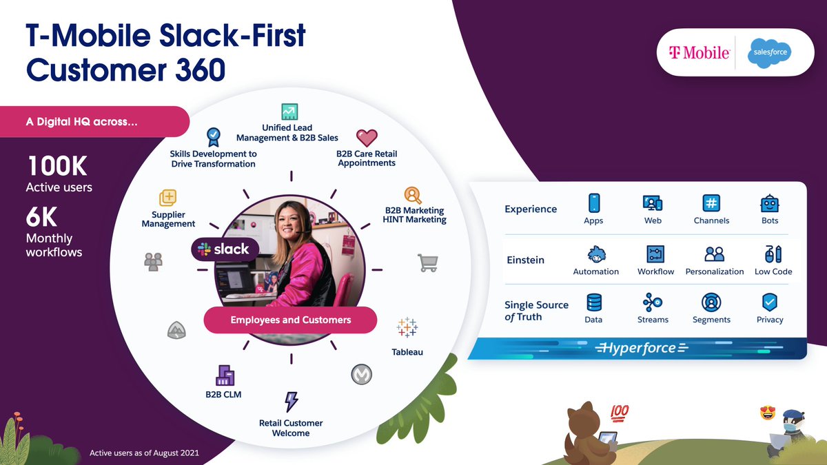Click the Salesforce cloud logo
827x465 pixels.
coord(770,52)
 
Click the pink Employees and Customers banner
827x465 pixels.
coord(290,320)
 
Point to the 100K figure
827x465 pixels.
coord(57,167)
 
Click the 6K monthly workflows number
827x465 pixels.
coord(42,218)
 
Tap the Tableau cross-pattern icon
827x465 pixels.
coord(407,328)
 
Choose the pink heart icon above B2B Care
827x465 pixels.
coord(367,137)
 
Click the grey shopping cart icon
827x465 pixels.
coord(427,262)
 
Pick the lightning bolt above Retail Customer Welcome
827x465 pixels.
coord(291,402)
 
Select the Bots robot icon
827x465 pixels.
coord(769,203)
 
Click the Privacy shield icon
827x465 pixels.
coord(769,302)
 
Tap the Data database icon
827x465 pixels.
coord(593,302)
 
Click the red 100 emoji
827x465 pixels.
coord(619,413)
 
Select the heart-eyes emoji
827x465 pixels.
coord(767,413)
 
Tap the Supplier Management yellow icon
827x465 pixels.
coord(168,198)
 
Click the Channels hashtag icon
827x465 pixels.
coord(711,203)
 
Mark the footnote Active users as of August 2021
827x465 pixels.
coord(145,453)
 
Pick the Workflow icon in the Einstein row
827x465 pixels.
coord(655,254)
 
